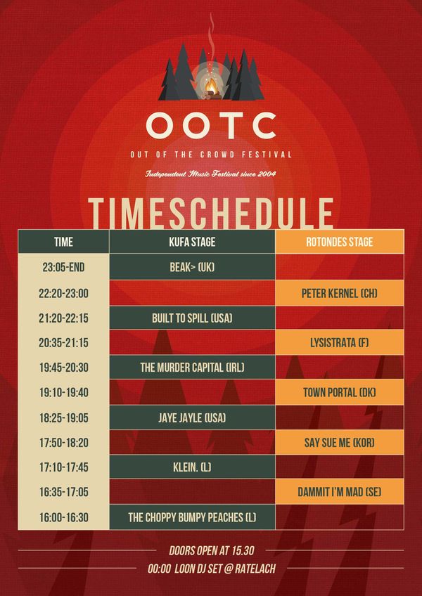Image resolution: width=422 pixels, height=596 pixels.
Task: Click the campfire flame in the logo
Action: pos(211,87)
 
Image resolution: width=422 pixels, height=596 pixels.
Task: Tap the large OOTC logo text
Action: pos(211,126)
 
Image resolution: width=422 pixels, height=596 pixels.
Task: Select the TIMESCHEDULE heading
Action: pos(210,214)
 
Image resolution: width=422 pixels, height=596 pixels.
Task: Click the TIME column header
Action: pos(63,242)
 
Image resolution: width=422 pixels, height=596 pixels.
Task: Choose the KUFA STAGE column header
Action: pos(192,242)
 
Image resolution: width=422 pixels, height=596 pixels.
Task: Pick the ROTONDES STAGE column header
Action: pos(340,242)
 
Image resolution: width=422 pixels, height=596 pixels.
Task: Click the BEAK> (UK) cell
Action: pos(192,267)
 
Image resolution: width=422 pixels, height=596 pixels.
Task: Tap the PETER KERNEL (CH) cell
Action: pos(340,293)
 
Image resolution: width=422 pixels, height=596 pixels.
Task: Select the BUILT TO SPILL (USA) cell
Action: pos(192,318)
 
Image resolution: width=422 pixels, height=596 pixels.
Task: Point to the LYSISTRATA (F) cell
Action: pos(340,342)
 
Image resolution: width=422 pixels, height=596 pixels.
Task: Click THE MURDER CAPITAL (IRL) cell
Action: pos(192,368)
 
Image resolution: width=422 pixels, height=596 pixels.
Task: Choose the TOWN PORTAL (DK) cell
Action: pos(340,392)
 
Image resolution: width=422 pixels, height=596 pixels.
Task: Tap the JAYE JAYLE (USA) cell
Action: pos(192,417)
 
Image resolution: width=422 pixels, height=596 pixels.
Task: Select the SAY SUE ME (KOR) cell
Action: pos(340,443)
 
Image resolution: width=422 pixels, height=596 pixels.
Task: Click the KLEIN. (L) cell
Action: pos(192,467)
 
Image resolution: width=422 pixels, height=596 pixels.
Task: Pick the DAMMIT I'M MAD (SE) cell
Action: pos(340,492)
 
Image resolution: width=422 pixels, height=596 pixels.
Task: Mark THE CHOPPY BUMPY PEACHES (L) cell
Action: pos(192,517)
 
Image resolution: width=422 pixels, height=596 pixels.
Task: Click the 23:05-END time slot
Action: pos(63,267)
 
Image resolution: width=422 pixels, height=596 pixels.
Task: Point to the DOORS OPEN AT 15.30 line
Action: pos(212,550)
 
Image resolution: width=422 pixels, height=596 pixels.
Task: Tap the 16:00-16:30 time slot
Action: pos(63,517)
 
